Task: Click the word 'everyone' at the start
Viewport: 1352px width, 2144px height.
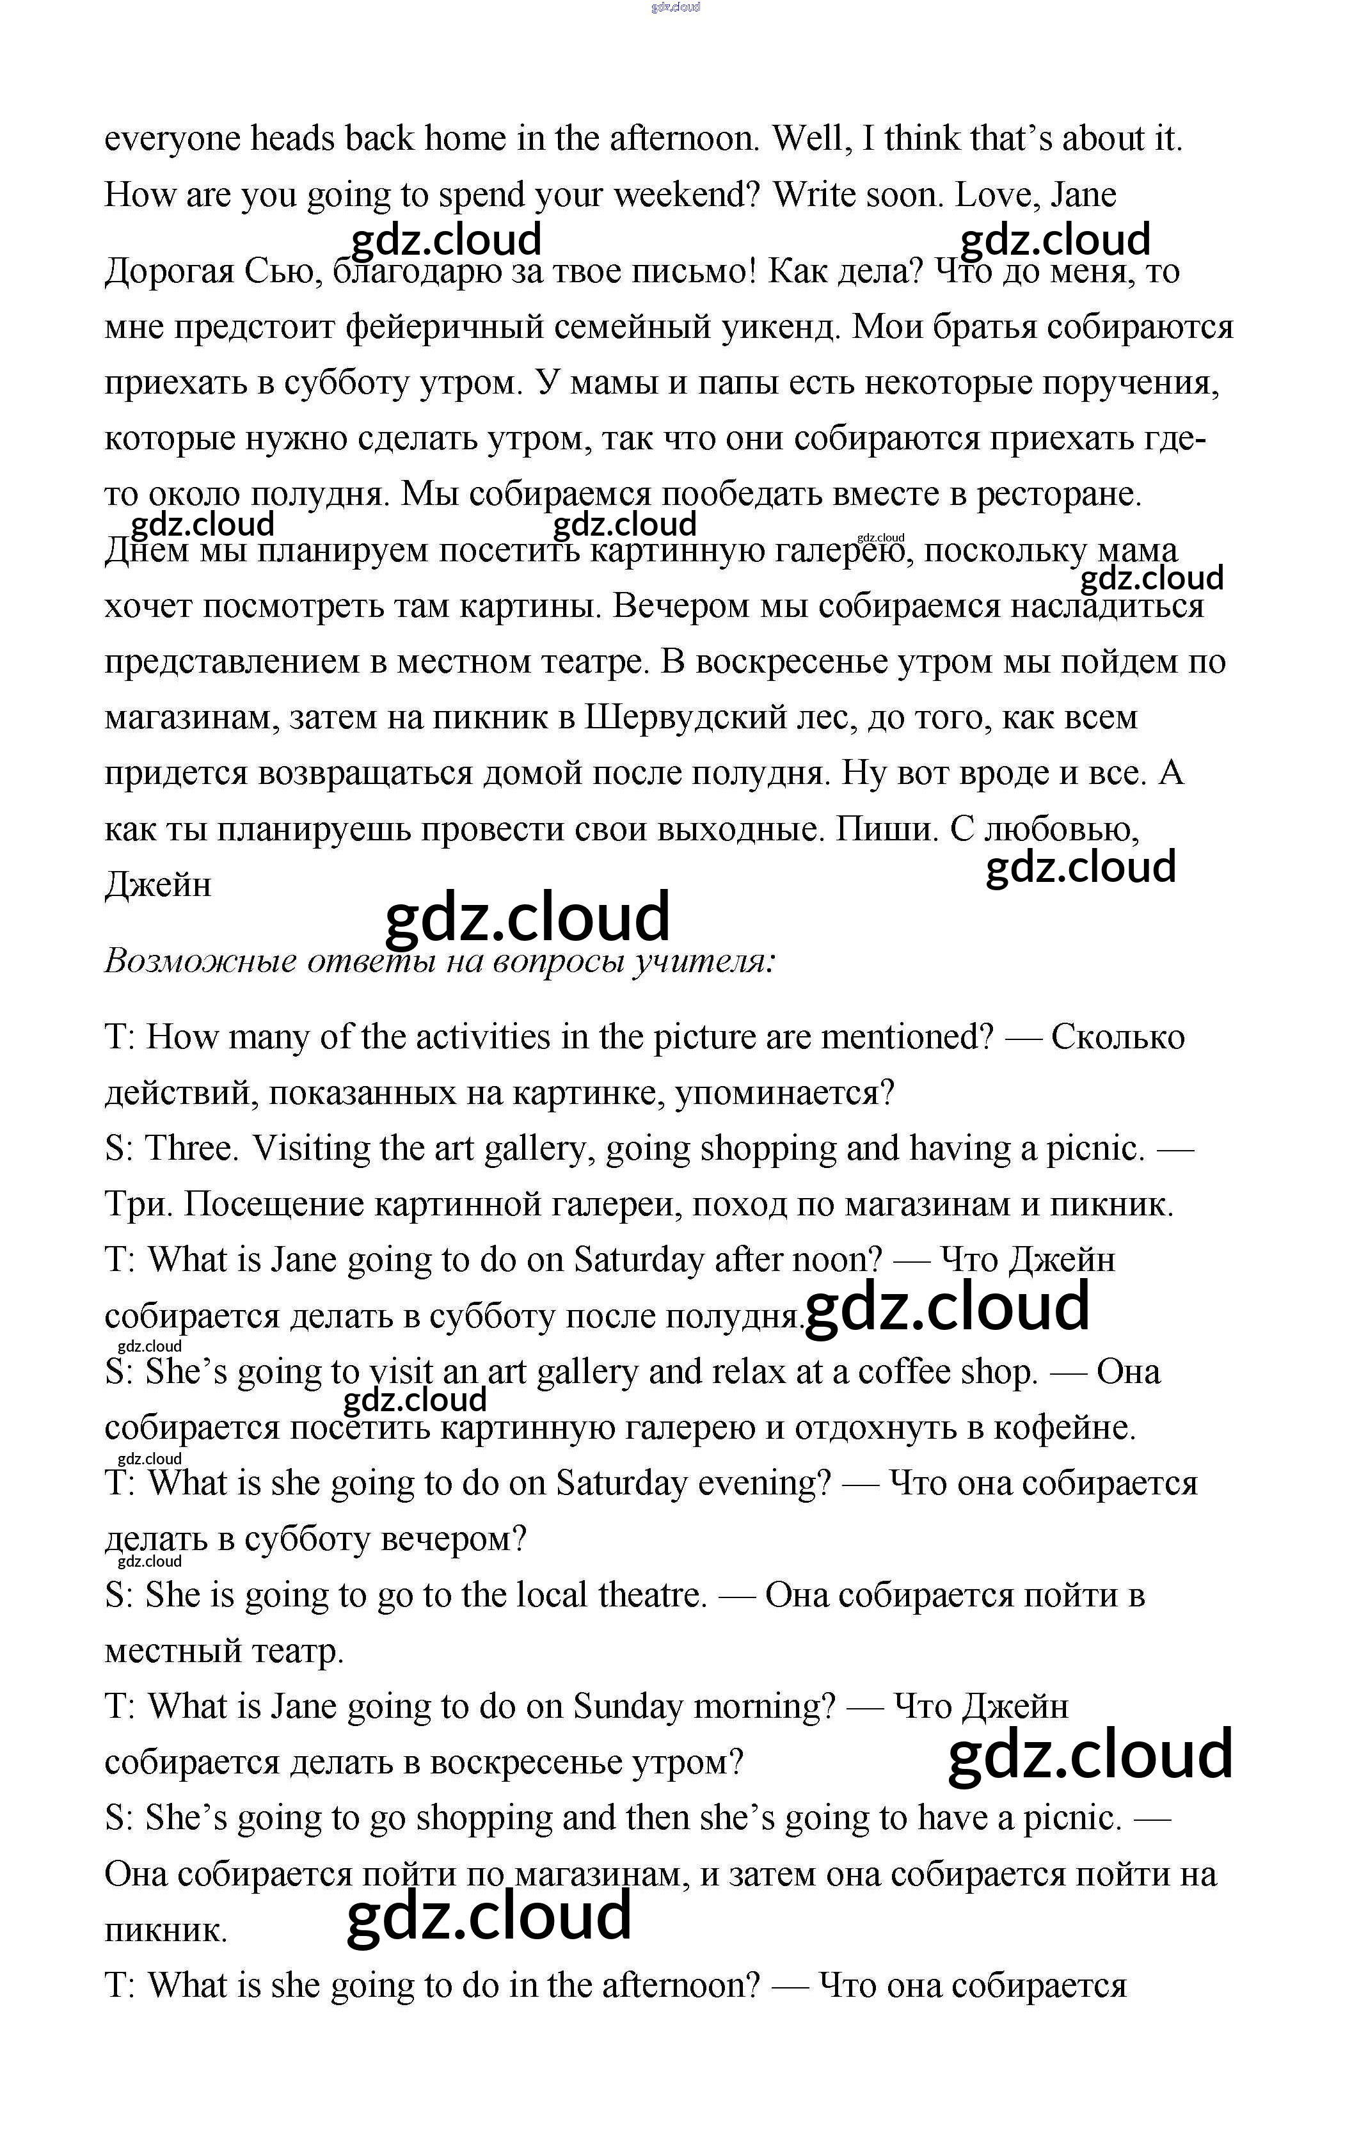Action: pos(173,139)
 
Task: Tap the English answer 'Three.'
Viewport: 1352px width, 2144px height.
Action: pos(192,1149)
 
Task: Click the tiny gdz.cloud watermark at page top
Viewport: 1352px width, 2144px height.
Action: pos(676,7)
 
